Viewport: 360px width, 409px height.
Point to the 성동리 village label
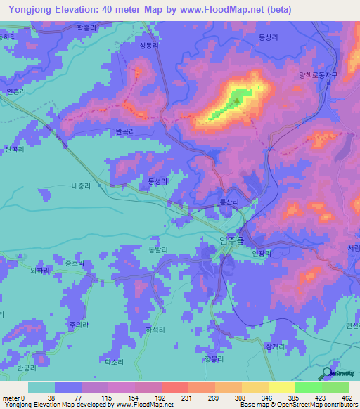click(150, 44)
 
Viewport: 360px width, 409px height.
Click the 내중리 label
click(81, 187)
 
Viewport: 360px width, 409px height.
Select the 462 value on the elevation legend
click(346, 398)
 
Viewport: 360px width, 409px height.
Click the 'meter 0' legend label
click(13, 398)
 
